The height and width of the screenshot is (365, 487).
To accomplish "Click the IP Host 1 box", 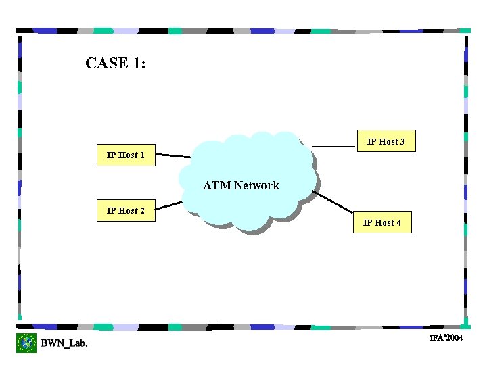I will coord(126,155).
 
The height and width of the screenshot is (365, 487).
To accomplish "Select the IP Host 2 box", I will coord(126,211).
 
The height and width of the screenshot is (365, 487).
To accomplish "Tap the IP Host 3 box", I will coord(386,141).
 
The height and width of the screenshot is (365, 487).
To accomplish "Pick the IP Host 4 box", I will coord(382,222).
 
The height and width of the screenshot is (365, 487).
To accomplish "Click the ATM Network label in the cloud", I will coord(241,185).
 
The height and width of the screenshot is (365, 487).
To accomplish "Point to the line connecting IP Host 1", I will coord(173,156).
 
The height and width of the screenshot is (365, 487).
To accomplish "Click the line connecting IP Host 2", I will coord(169,207).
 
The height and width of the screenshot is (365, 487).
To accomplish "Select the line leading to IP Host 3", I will coord(334,146).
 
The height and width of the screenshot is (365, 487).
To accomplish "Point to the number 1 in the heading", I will coord(138,64).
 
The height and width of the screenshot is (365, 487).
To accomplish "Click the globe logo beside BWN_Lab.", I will coord(26,343).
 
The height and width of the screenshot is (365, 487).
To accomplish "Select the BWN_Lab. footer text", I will coord(64,343).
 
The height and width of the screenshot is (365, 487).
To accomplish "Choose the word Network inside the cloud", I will coord(256,185).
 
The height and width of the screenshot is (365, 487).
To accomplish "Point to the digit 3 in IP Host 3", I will coord(402,142).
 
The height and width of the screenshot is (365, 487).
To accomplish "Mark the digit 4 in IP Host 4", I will coord(398,223).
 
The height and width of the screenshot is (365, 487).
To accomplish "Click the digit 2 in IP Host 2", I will coord(142,211).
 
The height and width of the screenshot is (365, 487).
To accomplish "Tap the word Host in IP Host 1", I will coord(127,155).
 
